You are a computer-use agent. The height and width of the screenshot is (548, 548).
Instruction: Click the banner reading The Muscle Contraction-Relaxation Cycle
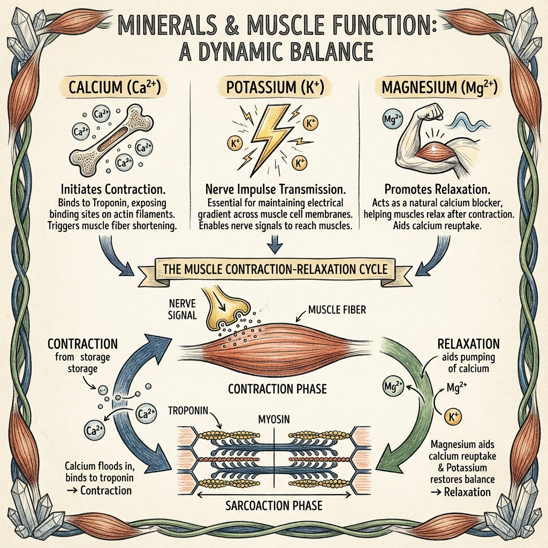tap(274, 269)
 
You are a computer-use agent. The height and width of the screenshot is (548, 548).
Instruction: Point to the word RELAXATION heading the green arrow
tap(468, 344)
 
